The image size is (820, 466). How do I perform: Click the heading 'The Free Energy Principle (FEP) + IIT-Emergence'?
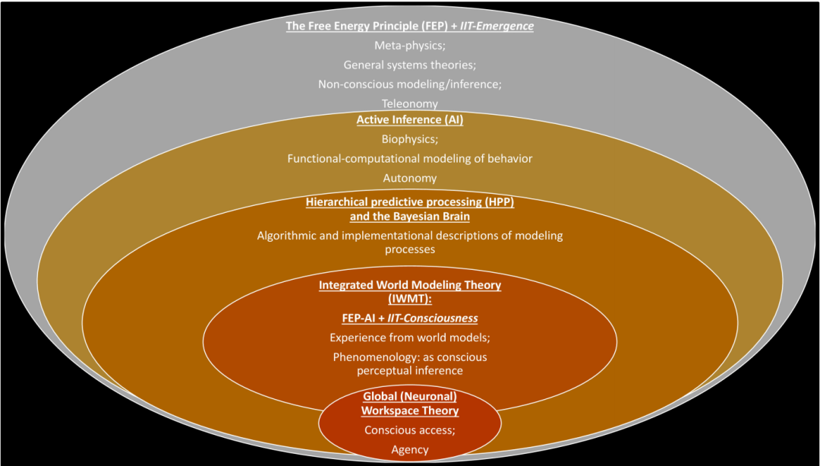(409, 27)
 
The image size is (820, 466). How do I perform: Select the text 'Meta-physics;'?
(409, 46)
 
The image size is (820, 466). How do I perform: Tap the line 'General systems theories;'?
(409, 65)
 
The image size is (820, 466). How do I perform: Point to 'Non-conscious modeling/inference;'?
(409, 84)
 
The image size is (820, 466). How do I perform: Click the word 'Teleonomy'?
(409, 103)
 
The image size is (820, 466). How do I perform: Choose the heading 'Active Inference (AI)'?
(409, 120)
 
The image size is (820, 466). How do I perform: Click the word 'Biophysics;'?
(409, 139)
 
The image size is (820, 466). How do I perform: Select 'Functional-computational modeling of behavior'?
(409, 159)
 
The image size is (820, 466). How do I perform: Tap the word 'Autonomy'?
(409, 178)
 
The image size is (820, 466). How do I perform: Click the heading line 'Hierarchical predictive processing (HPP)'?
(409, 202)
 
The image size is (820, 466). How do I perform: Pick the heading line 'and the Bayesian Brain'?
(409, 216)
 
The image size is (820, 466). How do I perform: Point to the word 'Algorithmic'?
(285, 236)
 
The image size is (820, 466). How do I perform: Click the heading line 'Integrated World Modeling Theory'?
(409, 285)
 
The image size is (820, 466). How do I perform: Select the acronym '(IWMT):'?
(409, 299)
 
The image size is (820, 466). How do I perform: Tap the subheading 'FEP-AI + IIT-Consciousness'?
(409, 318)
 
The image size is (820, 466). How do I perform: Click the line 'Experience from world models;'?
(409, 337)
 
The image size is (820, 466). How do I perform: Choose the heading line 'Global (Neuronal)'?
(409, 397)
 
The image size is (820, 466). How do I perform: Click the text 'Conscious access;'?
(409, 430)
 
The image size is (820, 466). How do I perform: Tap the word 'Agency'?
(409, 449)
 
